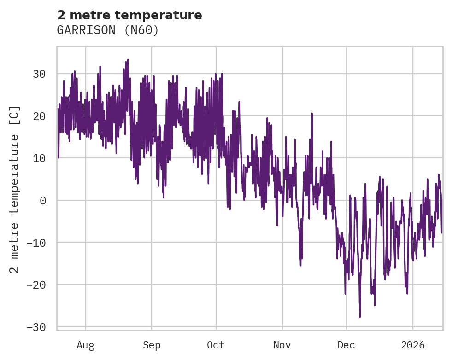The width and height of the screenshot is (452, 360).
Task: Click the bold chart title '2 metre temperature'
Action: click(x=129, y=15)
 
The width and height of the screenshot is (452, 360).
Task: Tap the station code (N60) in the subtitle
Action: click(x=141, y=30)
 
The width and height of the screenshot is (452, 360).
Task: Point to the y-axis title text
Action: click(x=15, y=189)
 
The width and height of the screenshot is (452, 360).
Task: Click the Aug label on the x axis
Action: click(x=85, y=345)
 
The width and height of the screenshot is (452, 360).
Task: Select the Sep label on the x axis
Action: click(x=151, y=345)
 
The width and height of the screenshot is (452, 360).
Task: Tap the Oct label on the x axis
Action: click(x=216, y=345)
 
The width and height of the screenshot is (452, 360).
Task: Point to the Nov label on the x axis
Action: click(x=282, y=345)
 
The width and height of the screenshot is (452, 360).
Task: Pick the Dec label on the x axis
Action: click(x=346, y=345)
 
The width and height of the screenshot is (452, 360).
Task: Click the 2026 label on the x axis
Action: click(x=413, y=345)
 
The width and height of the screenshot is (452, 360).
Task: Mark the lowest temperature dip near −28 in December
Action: click(x=360, y=316)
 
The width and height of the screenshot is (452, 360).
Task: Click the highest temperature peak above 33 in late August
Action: click(x=128, y=60)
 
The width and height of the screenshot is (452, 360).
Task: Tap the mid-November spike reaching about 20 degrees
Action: click(x=312, y=113)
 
